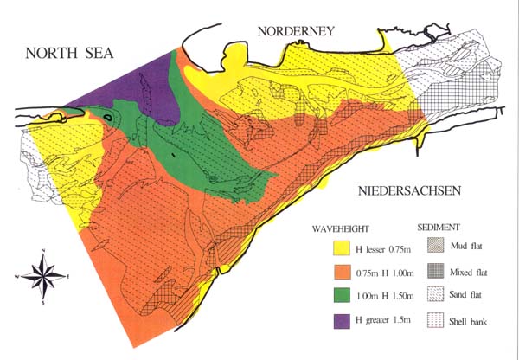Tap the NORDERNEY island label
[x=293, y=32]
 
